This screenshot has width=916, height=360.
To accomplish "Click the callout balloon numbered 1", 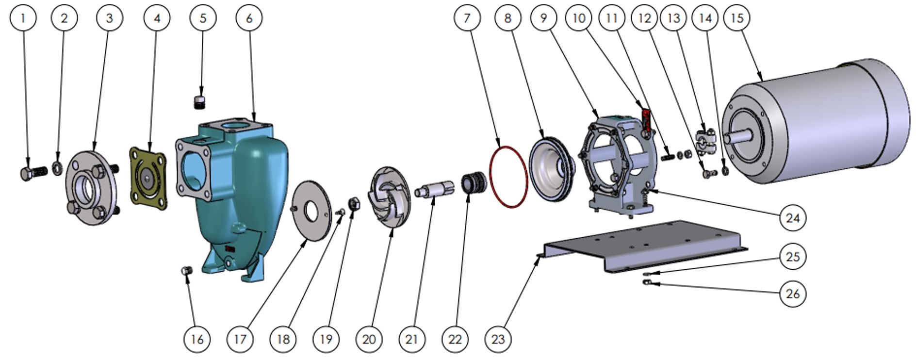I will coord(22,18).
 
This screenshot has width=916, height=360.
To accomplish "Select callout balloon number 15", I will coord(736,18).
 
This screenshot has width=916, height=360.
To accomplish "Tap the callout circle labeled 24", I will coord(792,218).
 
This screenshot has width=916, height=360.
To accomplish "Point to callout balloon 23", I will coord(498,339).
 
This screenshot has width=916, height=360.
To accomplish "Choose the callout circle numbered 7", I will coord(467,18).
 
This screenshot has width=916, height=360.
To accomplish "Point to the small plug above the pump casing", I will coord(199,102).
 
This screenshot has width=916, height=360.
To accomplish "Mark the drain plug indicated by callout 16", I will coord(186,270).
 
